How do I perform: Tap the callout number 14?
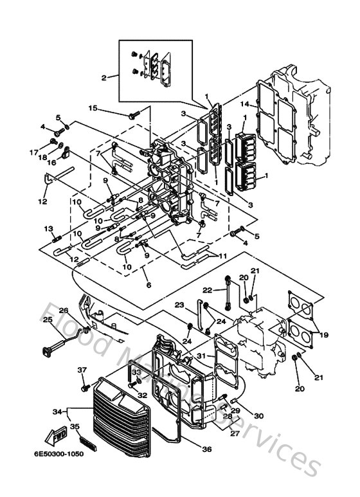(x=244, y=104)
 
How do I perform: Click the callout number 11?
(x=223, y=256)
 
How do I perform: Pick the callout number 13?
(x=48, y=228)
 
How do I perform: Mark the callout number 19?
(x=323, y=335)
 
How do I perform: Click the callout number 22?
(x=208, y=290)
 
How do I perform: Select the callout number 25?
(x=48, y=320)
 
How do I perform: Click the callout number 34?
(x=56, y=411)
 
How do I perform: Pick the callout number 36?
(x=206, y=449)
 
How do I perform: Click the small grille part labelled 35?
(x=85, y=442)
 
